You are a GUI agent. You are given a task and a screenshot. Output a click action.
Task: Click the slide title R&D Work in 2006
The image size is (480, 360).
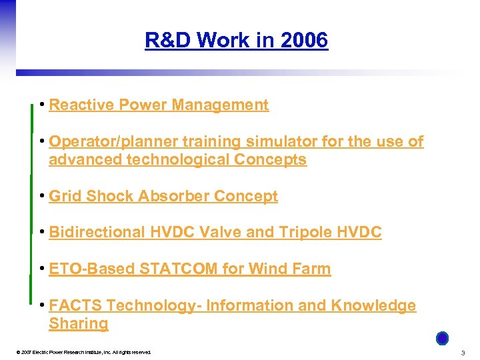coord(236,41)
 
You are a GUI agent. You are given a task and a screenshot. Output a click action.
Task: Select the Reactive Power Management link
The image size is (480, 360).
coord(159,105)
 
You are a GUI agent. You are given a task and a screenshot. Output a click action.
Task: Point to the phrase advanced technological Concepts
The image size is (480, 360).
coord(177,160)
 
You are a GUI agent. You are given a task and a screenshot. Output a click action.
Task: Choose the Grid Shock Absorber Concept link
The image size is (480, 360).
coord(163,196)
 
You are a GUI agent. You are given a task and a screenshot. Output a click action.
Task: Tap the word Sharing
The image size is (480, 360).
coord(78,324)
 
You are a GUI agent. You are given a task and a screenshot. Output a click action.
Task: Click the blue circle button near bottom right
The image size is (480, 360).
coord(442,339)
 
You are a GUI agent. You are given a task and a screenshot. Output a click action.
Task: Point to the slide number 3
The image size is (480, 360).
coord(463,352)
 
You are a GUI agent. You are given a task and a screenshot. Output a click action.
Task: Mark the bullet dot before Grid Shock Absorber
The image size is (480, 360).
coord(42,196)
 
